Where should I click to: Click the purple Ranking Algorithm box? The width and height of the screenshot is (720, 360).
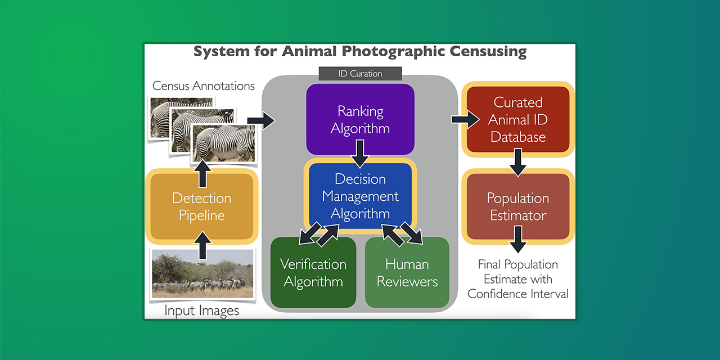[360, 119]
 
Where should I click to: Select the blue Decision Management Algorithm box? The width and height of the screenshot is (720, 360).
[360, 196]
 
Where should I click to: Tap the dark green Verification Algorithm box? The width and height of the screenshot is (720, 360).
[313, 273]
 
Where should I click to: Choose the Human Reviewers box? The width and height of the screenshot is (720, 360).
[407, 273]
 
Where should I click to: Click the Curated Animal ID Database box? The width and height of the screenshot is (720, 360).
[518, 119]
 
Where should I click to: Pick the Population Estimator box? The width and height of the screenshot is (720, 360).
[518, 206]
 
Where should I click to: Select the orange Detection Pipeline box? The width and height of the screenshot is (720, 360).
[201, 206]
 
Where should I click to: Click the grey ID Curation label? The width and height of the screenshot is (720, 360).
[360, 74]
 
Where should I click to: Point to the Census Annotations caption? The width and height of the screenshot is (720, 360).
[204, 86]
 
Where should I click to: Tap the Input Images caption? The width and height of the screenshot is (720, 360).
[201, 310]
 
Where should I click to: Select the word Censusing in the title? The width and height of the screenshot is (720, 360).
[488, 52]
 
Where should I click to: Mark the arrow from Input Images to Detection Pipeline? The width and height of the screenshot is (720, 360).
[203, 246]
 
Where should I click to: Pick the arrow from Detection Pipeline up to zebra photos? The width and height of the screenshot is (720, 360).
[203, 173]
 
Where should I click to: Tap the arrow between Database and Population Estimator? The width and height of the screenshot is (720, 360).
[518, 163]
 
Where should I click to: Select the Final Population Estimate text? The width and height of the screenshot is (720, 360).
[518, 279]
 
